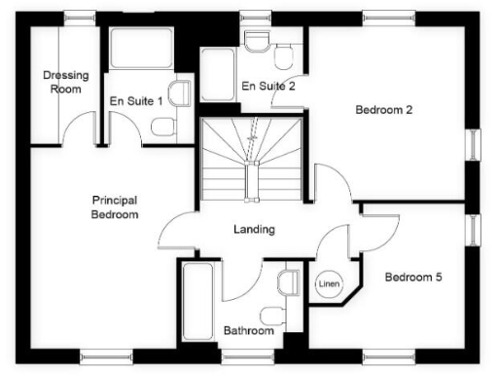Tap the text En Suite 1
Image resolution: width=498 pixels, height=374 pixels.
(135, 99)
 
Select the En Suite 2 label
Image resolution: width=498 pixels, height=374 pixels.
(267, 87)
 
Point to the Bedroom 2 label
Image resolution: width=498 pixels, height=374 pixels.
(383, 110)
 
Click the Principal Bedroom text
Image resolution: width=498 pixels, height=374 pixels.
(115, 206)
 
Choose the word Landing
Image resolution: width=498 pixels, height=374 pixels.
(254, 230)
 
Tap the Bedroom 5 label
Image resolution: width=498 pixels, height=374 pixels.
(413, 278)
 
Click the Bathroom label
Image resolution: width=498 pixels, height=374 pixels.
(249, 331)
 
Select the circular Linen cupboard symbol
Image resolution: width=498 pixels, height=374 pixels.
(328, 283)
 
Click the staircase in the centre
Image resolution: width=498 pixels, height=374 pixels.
(250, 161)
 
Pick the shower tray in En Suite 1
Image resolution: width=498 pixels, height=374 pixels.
(142, 51)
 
